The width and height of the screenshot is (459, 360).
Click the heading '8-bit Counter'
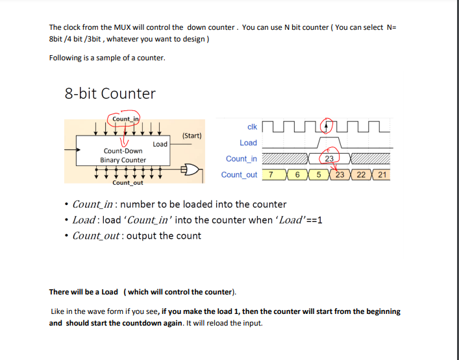[110, 93]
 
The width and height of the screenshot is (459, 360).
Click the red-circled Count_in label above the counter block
[125, 119]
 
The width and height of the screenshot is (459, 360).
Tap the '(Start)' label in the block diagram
[192, 136]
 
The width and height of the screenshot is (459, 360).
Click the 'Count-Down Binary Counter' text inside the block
[123, 155]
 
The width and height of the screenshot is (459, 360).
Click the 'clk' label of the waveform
[252, 126]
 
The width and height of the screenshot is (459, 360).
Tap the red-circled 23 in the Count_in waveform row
[329, 158]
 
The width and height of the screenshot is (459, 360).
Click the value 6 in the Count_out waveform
[297, 175]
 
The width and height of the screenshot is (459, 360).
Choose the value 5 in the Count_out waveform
[319, 175]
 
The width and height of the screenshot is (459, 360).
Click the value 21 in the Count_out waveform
[382, 175]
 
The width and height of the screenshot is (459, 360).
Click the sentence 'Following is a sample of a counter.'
[107, 58]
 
